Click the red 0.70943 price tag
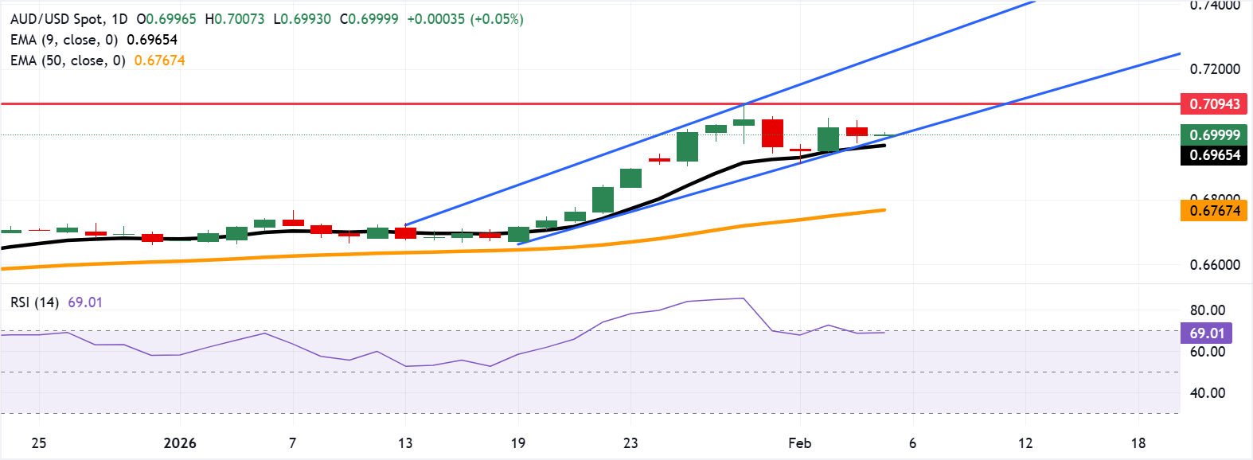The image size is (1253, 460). pos(1214,104)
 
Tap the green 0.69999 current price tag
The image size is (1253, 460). pos(1214,134)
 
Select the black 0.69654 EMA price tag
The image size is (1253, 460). pos(1214,155)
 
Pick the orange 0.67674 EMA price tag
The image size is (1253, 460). pos(1214,211)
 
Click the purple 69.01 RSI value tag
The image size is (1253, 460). pos(1207,333)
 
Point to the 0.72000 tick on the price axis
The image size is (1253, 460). pos(1214,69)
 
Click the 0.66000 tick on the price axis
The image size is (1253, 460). pos(1214,265)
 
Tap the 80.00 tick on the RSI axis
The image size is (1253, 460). pos(1207,310)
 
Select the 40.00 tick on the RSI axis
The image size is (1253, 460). pos(1207,393)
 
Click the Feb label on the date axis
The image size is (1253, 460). pos(799,443)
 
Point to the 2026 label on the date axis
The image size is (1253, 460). pos(179,443)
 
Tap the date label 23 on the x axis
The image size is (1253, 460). pos(630,443)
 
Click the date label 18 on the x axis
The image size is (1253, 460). pos(1138,443)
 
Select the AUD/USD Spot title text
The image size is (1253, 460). pos(68,19)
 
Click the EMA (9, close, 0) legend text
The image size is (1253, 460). pos(64,40)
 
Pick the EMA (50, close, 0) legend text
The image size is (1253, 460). pos(68,60)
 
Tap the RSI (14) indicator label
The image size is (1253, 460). pos(34,302)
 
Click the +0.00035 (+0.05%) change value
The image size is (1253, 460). pos(465,19)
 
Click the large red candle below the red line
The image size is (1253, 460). pos(772,133)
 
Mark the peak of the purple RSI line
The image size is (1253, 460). pos(743,298)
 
